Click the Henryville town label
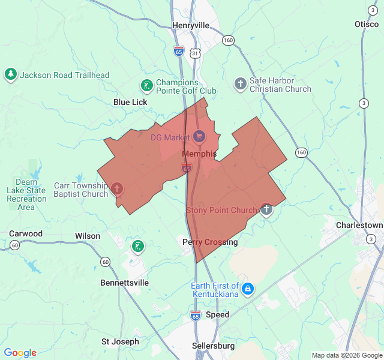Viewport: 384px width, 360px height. [x=191, y=25]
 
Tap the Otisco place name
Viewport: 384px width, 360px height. [x=366, y=24]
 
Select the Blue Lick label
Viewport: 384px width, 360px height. [x=130, y=102]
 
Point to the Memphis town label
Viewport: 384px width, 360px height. [x=199, y=154]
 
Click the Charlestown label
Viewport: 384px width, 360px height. [x=359, y=225]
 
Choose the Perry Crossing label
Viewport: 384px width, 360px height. [x=210, y=242]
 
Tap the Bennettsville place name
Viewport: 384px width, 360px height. [x=124, y=283]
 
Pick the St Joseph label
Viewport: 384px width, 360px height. [x=120, y=341]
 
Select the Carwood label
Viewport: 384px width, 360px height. [x=26, y=234]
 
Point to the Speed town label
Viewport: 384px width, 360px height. [x=217, y=314]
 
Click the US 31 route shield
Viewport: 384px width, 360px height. [x=195, y=54]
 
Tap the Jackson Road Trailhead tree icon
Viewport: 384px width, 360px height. [x=10, y=74]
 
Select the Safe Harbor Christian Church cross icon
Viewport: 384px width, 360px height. [x=240, y=84]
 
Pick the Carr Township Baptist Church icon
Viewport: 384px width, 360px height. [x=118, y=190]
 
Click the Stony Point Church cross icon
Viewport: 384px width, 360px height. [x=266, y=209]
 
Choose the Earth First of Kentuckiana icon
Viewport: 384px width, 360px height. [x=248, y=290]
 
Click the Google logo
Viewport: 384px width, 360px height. [x=20, y=353]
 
